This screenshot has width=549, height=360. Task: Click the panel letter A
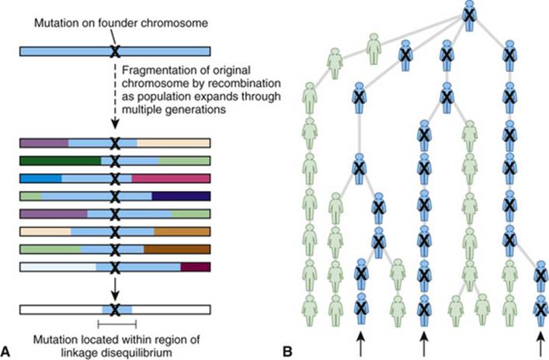5,351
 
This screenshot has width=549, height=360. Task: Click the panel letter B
287,351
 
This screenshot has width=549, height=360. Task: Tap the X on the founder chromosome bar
114,51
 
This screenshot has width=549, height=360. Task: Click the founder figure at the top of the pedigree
469,16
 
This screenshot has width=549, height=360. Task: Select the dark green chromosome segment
61,161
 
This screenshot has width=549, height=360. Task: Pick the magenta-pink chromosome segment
171,178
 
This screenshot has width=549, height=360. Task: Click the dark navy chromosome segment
181,196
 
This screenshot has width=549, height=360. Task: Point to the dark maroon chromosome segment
196,267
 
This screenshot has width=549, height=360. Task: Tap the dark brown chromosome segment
177,249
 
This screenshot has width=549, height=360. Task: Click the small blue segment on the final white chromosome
117,310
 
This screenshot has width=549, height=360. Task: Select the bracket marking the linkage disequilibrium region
117,324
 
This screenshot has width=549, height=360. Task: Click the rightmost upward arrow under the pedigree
540,344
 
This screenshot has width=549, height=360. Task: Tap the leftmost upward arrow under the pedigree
360,344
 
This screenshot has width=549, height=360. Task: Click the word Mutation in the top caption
55,23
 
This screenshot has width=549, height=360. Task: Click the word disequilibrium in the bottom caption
136,352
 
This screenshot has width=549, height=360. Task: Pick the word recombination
245,83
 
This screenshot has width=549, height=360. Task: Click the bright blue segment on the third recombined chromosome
41,178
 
